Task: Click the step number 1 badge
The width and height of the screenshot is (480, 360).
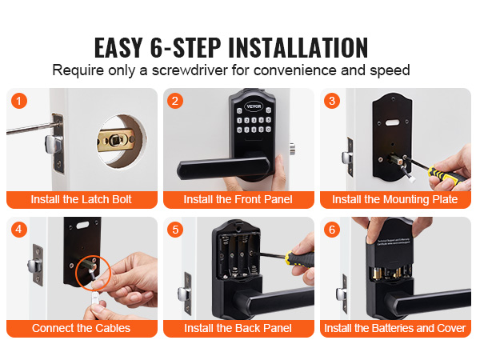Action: [20, 102]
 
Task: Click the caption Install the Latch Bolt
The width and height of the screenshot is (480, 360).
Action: [81, 199]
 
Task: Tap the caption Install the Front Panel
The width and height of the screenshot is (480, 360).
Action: [238, 199]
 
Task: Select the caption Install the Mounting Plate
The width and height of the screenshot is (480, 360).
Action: [395, 199]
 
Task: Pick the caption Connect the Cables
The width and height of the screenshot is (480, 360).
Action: [81, 328]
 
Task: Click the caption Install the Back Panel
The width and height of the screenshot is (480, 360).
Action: [238, 328]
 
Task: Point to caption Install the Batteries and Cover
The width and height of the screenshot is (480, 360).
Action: [395, 328]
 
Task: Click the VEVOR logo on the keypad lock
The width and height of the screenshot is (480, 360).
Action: [253, 105]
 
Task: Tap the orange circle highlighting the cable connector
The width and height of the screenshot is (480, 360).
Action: [90, 274]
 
